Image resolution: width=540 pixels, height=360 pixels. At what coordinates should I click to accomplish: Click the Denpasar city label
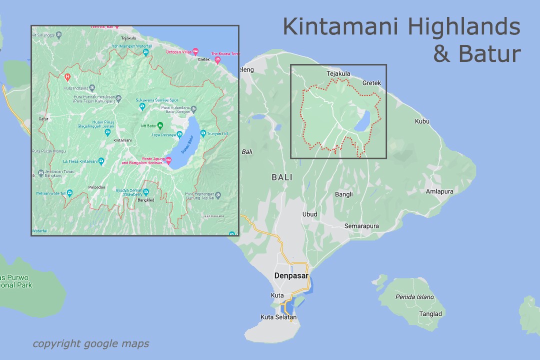click(x=291, y=275)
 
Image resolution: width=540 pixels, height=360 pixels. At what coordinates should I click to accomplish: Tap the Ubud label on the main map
click(x=309, y=214)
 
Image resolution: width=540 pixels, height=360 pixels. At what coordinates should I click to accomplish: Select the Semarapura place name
click(x=361, y=226)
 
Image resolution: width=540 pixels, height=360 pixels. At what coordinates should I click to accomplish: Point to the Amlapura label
click(x=439, y=191)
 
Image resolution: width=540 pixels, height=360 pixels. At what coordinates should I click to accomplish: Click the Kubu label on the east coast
click(x=422, y=121)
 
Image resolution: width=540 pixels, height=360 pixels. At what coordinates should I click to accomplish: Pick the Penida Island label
click(x=414, y=297)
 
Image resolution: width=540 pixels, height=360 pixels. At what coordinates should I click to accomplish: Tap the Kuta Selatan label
click(x=278, y=317)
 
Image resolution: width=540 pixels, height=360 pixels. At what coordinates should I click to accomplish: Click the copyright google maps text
click(x=90, y=343)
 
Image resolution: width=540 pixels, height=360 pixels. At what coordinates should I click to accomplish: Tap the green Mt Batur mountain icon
click(x=160, y=125)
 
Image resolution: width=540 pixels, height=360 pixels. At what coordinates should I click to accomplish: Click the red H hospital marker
click(x=67, y=77)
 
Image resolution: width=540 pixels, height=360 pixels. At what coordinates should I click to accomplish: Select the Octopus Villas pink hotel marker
click(x=195, y=52)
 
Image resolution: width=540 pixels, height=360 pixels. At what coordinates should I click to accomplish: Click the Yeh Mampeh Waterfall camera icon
click(x=145, y=52)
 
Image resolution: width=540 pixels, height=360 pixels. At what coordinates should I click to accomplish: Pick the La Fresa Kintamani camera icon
click(x=101, y=161)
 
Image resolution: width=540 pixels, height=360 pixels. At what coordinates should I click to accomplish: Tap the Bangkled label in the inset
click(x=146, y=200)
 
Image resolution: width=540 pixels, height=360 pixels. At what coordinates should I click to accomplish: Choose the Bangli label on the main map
click(x=343, y=194)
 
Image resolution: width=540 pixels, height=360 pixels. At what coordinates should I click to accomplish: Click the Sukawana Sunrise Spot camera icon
click(x=142, y=106)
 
